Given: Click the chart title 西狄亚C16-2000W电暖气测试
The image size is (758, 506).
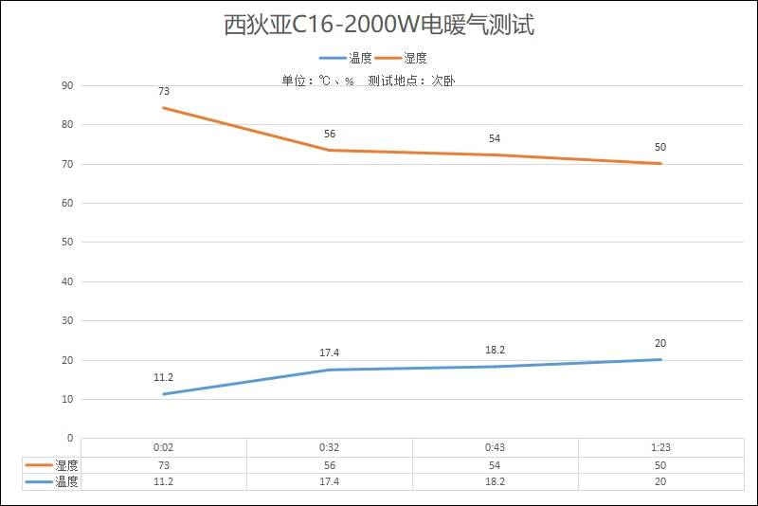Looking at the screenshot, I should point(379,26).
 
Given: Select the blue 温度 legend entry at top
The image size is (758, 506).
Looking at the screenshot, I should point(347,58).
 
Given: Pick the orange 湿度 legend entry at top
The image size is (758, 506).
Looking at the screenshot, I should point(402,58).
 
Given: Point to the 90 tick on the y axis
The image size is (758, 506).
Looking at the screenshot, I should point(67,85).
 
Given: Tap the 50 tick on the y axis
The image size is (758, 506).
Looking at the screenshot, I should point(67,243).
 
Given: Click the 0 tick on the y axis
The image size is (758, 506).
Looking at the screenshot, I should point(70,439).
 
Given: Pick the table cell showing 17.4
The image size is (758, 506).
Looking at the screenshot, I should point(330,481).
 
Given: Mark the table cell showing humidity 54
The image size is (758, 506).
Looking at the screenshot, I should point(495,465).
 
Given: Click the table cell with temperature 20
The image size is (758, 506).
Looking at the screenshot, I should point(660,481).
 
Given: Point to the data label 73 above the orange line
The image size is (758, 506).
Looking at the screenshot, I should point(164,92).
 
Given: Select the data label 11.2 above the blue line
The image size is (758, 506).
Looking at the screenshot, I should point(164,377).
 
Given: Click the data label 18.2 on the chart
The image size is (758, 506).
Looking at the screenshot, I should point(495,350).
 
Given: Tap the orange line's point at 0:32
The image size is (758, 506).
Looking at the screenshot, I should point(330,150).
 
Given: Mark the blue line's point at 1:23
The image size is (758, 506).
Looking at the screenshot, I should point(660,359).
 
